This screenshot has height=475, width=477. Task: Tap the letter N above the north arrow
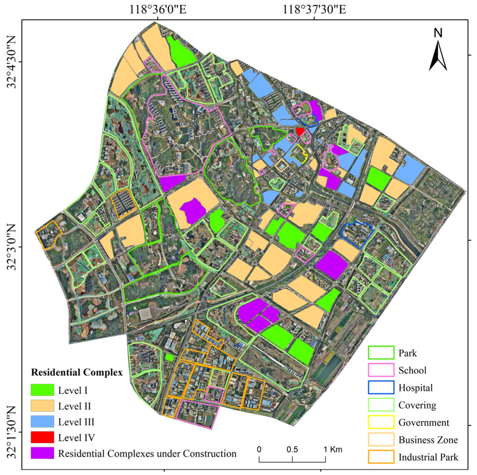click(438, 33)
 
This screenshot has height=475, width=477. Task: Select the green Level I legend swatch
click(42, 390)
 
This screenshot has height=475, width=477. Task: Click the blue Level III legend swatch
click(42, 421)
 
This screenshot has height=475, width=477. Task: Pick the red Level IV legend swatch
click(42, 437)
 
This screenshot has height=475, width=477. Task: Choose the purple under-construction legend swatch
click(42, 453)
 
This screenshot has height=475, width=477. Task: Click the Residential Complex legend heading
click(77, 372)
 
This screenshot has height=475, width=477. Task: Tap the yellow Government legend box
click(381, 422)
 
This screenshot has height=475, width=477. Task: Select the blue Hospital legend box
click(381, 387)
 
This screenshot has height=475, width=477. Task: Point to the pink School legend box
click(381, 370)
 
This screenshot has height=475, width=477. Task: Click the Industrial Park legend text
click(428, 457)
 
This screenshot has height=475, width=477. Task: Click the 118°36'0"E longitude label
click(158, 10)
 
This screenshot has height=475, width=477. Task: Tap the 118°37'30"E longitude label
click(314, 10)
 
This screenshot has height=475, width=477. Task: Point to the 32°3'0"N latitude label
click(12, 247)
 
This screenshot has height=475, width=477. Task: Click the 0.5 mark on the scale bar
click(292, 450)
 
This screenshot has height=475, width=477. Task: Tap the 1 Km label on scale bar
click(333, 450)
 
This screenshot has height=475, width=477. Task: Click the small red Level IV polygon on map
click(300, 131)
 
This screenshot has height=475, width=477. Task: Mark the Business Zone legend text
click(428, 440)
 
